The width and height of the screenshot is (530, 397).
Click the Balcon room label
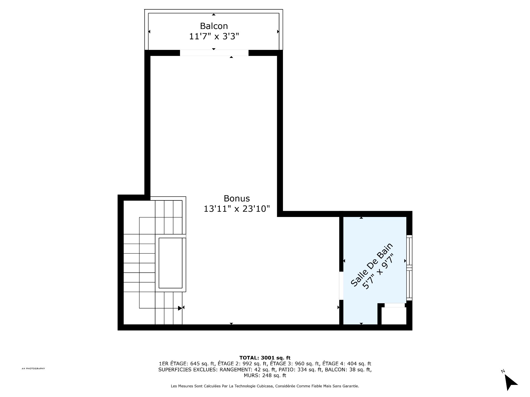(x=214, y=26)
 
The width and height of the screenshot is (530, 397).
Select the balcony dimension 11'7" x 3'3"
(x=214, y=36)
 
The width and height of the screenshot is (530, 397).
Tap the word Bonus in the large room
(x=237, y=198)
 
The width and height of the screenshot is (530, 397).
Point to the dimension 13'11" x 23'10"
(x=237, y=209)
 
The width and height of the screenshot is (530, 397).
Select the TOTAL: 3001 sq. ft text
(x=265, y=358)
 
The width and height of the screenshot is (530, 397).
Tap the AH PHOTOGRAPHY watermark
(x=33, y=369)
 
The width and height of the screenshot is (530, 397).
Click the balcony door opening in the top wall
(x=214, y=53)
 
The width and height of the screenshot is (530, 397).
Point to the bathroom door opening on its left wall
(x=341, y=286)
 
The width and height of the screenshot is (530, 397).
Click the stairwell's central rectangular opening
(x=171, y=263)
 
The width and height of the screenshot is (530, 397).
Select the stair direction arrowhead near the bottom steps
(x=180, y=308)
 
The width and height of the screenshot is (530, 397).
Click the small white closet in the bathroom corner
(x=394, y=316)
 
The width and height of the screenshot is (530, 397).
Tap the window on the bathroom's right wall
(x=409, y=268)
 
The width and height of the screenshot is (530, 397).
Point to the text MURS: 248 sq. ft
(x=265, y=375)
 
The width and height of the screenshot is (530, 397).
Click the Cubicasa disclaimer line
(x=265, y=387)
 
